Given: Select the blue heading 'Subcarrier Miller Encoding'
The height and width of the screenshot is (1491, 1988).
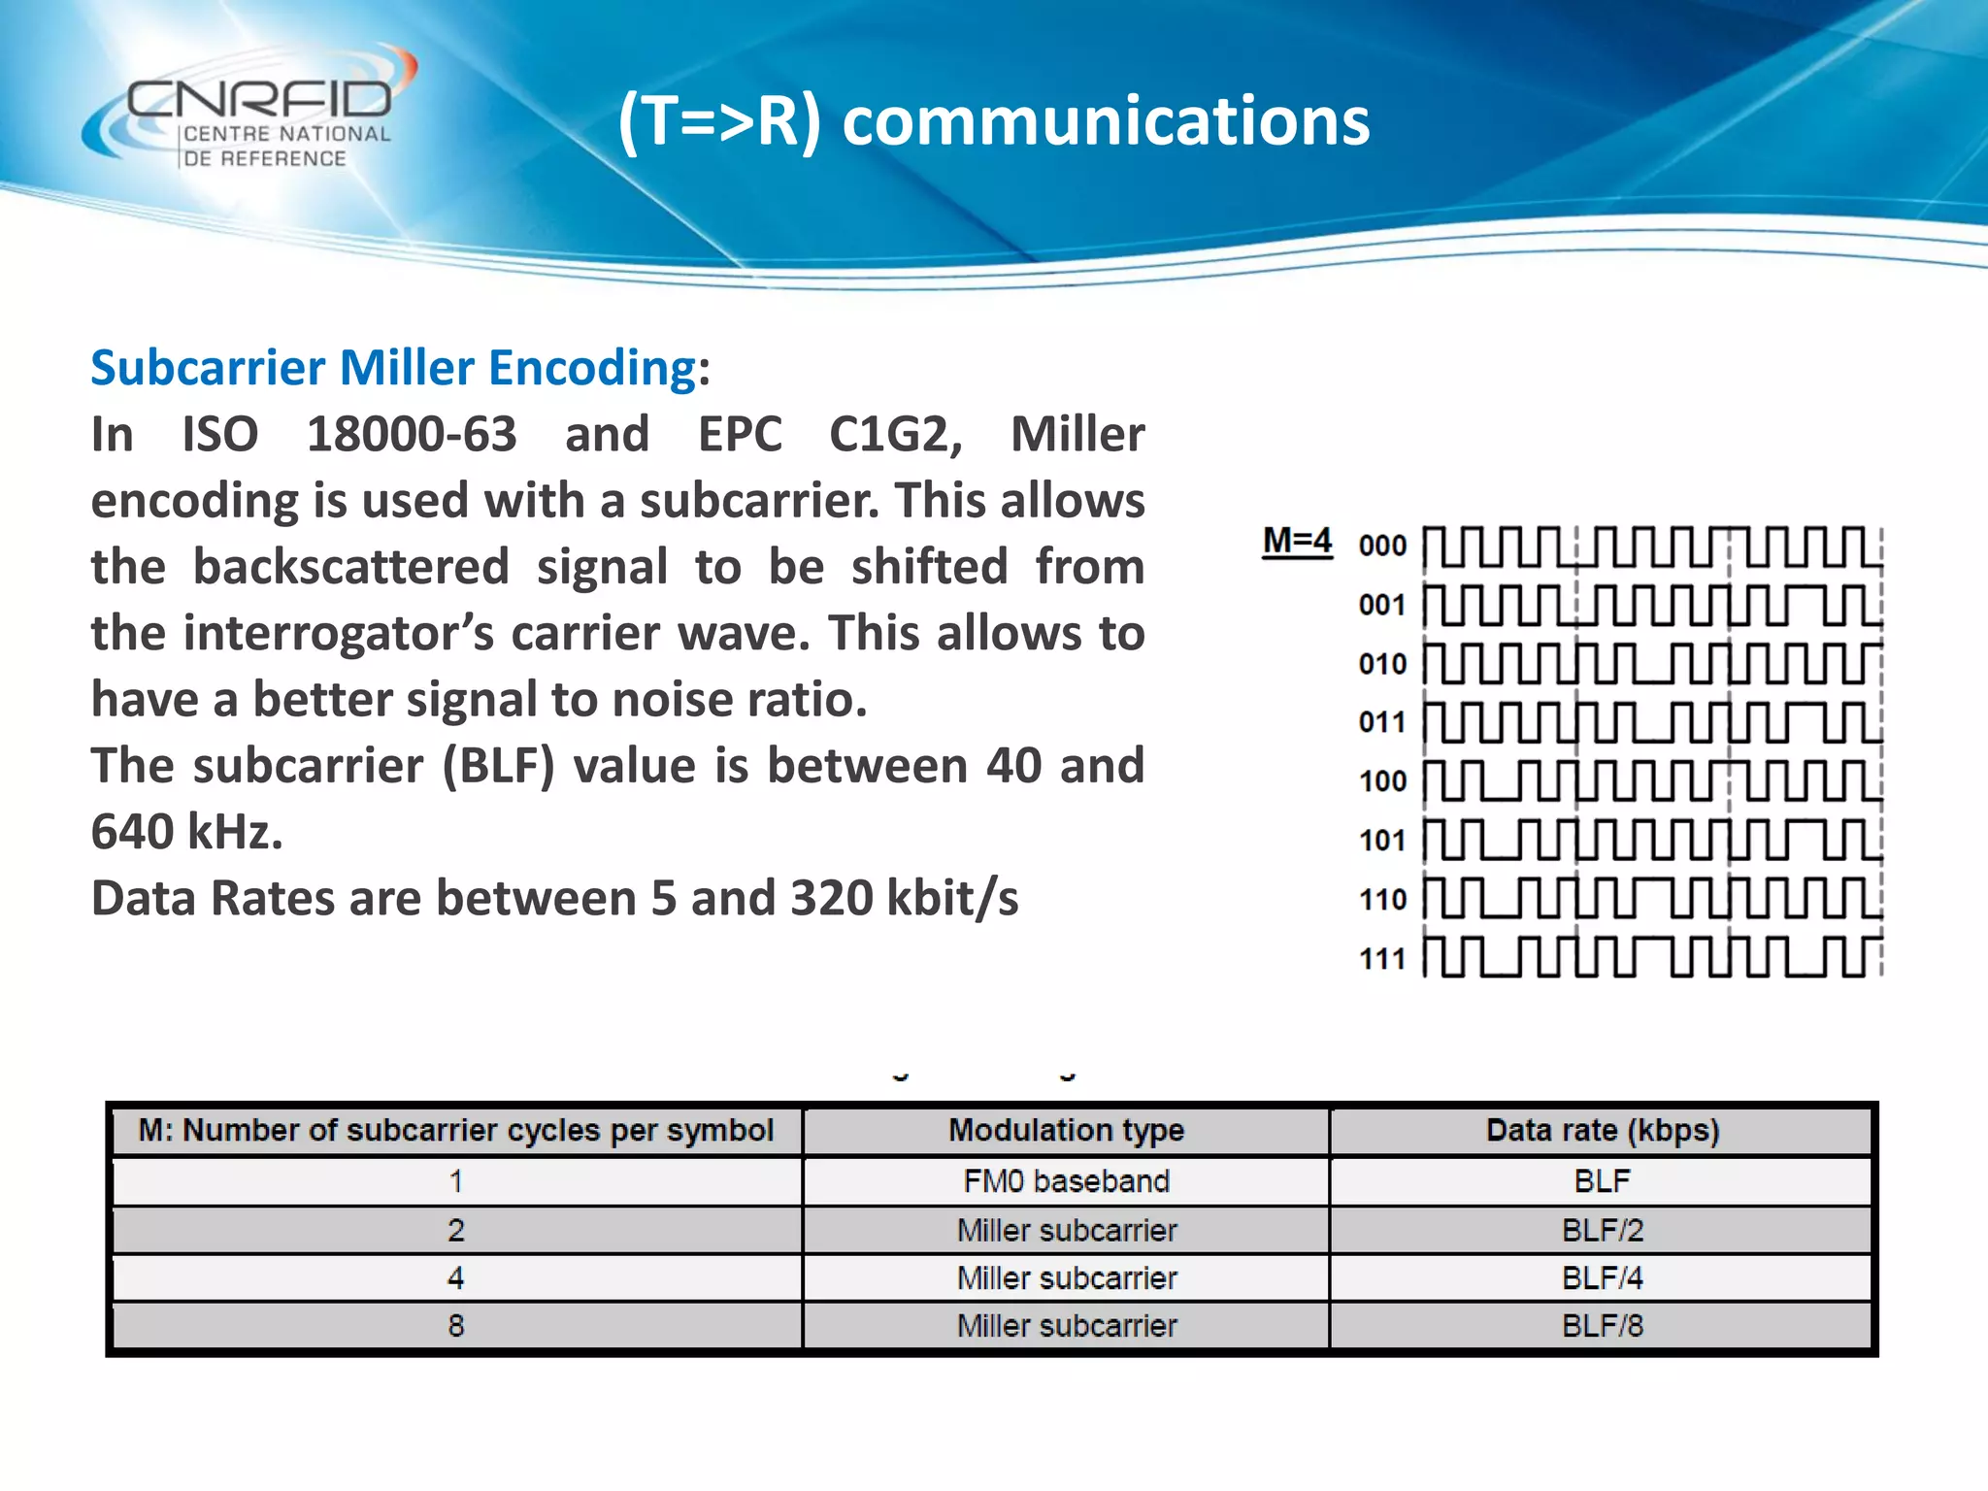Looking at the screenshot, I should pyautogui.click(x=393, y=368).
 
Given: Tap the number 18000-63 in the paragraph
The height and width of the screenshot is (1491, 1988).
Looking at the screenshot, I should pyautogui.click(x=412, y=434).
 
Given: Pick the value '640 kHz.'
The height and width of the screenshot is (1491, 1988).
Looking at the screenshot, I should pyautogui.click(x=186, y=832).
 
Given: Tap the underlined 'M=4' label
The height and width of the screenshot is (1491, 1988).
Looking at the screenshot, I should pyautogui.click(x=1297, y=541).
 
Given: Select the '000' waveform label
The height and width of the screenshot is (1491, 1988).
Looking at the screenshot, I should pyautogui.click(x=1382, y=547).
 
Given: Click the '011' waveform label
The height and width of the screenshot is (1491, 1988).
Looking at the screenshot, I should pyautogui.click(x=1382, y=723).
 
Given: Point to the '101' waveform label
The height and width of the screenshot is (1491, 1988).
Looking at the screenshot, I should pyautogui.click(x=1382, y=841).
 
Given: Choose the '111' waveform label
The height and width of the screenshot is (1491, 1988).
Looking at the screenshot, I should pyautogui.click(x=1382, y=959).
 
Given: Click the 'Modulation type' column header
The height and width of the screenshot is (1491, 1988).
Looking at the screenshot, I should pyautogui.click(x=1066, y=1131).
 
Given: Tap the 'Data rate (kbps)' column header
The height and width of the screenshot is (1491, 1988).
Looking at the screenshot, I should pyautogui.click(x=1602, y=1131).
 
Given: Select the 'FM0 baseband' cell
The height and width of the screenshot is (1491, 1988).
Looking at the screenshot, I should pyautogui.click(x=1066, y=1181).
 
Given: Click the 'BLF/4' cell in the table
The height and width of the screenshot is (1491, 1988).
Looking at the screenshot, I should pyautogui.click(x=1602, y=1278).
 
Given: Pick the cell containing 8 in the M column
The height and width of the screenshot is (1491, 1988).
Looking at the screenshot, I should pyautogui.click(x=456, y=1326).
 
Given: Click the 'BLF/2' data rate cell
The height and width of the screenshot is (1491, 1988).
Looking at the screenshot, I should pyautogui.click(x=1602, y=1231).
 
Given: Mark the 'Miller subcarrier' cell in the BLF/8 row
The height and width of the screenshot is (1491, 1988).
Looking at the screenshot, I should pyautogui.click(x=1066, y=1326).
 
